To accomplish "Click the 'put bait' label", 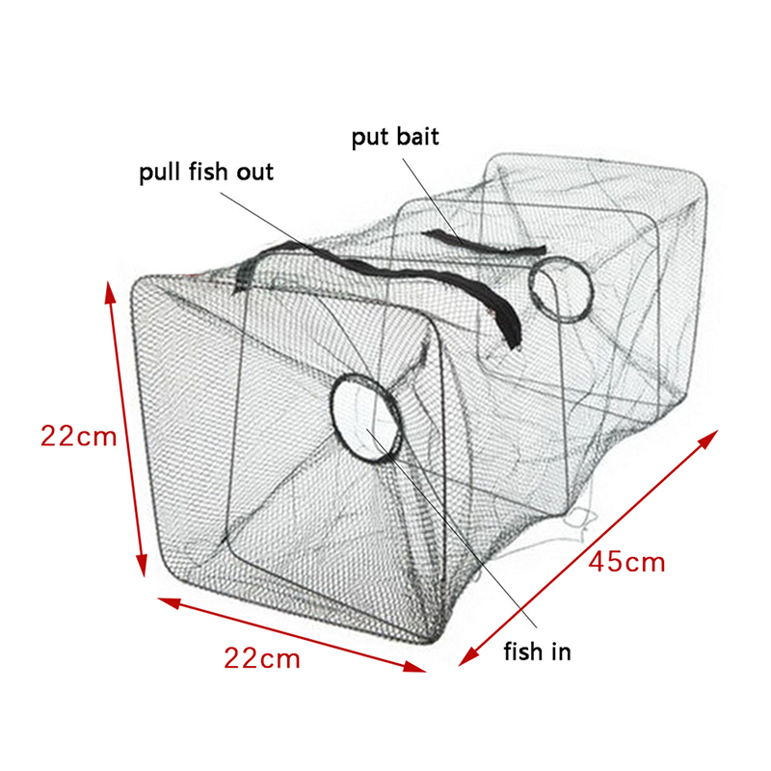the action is coord(395,137).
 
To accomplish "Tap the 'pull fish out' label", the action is coord(206,173).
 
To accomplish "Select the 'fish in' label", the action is coord(537,651).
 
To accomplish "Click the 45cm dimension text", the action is coord(627,562).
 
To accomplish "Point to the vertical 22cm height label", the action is coord(79,437).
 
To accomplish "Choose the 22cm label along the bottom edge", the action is coord(262,658).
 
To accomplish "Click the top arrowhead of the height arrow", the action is coord(110,292).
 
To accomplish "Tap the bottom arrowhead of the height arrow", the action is coord(142,566).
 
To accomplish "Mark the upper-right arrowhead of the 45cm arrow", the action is coord(708,439).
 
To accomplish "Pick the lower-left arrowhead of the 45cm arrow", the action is coord(468,656).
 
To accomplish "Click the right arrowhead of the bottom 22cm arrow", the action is coord(414,667).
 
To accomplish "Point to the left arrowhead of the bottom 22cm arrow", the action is coord(170,602).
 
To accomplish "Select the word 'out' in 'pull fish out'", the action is coord(254,173).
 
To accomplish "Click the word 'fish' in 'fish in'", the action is coord(523,651).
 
